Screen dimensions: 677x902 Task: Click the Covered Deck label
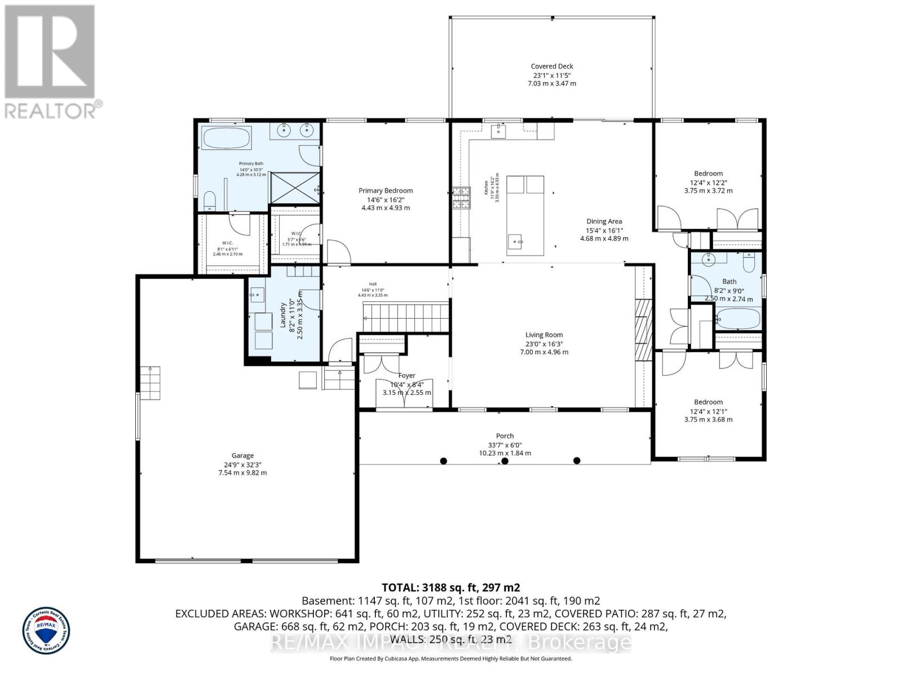pos(552,67)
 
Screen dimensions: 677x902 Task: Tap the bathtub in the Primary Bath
pos(227,138)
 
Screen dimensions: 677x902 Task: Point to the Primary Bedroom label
pos(386,191)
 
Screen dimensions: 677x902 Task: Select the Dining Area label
pos(604,222)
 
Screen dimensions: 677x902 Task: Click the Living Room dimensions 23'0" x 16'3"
pos(544,344)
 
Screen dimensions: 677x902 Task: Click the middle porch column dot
pos(505,461)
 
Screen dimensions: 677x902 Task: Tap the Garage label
pos(242,455)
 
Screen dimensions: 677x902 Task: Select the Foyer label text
pos(406,376)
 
